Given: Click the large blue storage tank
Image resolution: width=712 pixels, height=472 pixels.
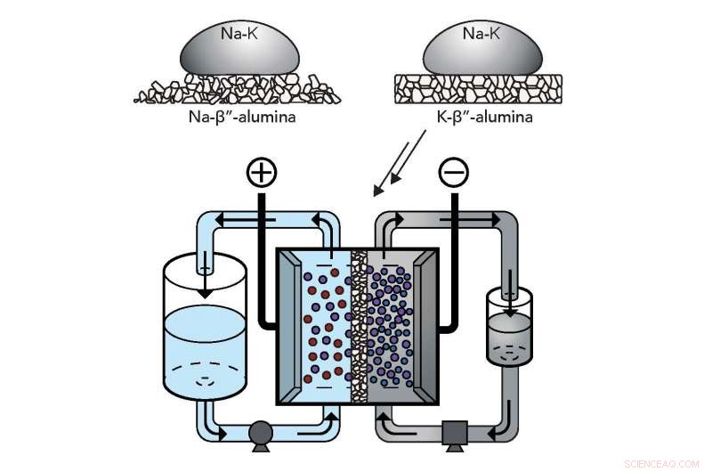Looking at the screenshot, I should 206,347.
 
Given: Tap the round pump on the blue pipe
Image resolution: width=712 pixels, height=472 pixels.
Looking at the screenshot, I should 261,435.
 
